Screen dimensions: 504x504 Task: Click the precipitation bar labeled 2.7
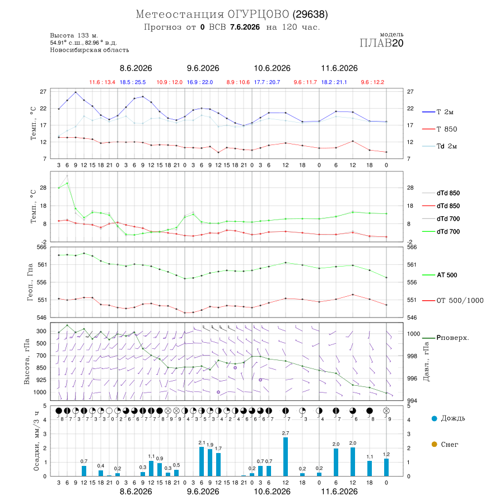[286, 456]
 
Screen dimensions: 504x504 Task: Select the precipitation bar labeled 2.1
[202, 461]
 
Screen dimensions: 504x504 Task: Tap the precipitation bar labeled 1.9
[210, 463]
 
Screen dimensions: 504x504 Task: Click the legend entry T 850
[440, 129]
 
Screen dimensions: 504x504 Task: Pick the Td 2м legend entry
[440, 146]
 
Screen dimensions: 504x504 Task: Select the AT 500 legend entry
[440, 275]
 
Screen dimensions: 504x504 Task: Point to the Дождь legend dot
[434, 418]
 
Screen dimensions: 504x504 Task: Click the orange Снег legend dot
[434, 444]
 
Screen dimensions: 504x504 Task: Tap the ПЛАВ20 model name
[381, 43]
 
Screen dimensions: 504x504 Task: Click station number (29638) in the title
[310, 15]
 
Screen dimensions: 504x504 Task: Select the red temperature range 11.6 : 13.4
[102, 82]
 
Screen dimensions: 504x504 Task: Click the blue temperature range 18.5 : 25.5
[133, 82]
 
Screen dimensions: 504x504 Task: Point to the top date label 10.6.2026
[272, 68]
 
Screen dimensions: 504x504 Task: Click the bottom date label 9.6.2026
[203, 492]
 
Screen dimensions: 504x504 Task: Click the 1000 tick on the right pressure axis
[414, 334]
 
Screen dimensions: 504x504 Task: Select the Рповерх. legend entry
[446, 338]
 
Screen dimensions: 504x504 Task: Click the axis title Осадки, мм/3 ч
[36, 441]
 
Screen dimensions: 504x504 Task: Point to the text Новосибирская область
[90, 50]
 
